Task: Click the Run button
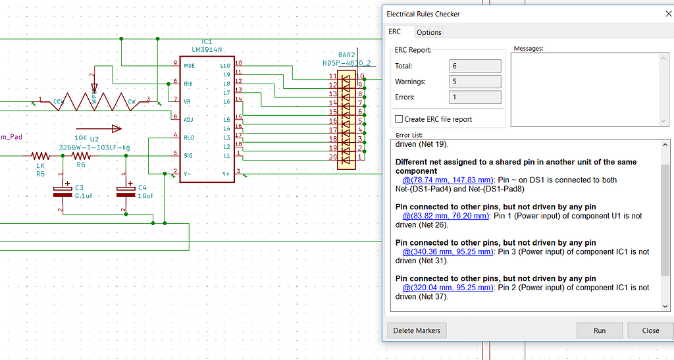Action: coord(600,330)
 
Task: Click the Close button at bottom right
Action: coord(650,330)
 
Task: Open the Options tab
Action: coord(428,32)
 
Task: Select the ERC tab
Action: coord(395,32)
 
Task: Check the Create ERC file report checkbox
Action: coord(399,119)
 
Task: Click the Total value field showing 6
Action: coord(475,66)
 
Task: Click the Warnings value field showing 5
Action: coord(475,82)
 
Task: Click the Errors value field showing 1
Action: coord(475,97)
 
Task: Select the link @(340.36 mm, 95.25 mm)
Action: coord(448,251)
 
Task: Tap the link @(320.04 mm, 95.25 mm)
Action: coord(448,288)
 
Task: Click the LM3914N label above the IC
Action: coord(207,49)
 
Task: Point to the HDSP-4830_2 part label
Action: coord(347,63)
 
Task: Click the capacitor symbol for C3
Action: coord(62,192)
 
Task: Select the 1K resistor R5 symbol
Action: coord(40,156)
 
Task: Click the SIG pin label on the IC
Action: coord(188,155)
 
